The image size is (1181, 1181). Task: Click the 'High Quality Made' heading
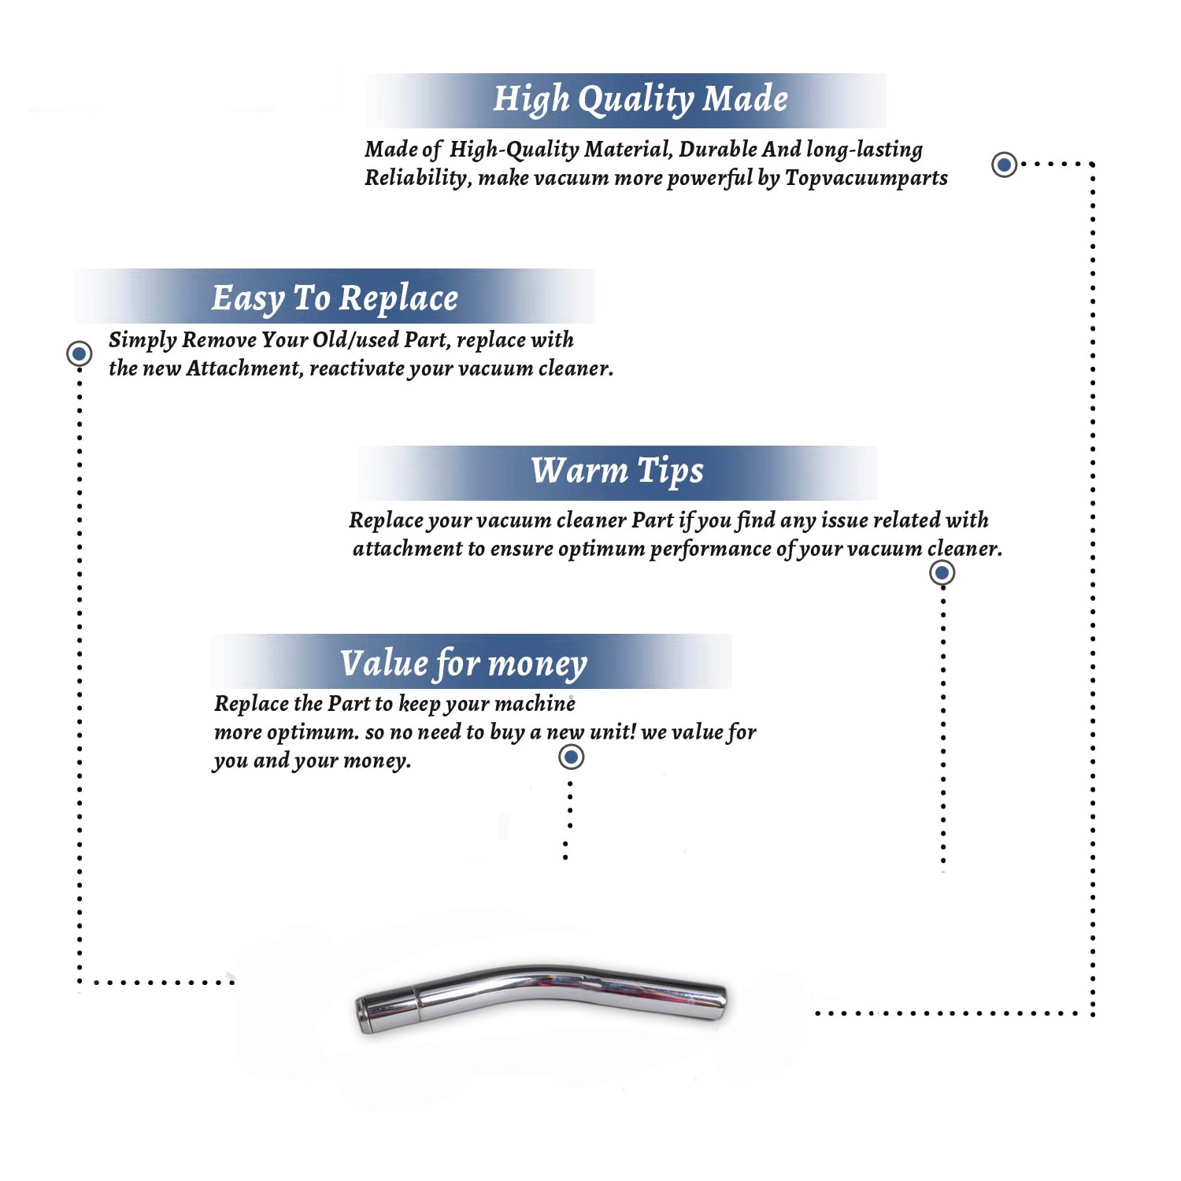click(640, 100)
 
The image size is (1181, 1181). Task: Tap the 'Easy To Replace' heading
click(335, 299)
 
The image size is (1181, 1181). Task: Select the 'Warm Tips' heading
click(616, 471)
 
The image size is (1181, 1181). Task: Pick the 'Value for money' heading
click(464, 664)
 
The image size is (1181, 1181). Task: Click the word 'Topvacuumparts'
click(866, 179)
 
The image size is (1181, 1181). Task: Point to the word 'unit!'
click(613, 731)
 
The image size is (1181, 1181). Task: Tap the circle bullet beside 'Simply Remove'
click(79, 354)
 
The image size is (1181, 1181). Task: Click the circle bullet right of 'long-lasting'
click(1004, 165)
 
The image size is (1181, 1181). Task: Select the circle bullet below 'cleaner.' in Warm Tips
click(942, 572)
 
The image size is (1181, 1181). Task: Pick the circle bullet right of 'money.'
click(571, 757)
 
